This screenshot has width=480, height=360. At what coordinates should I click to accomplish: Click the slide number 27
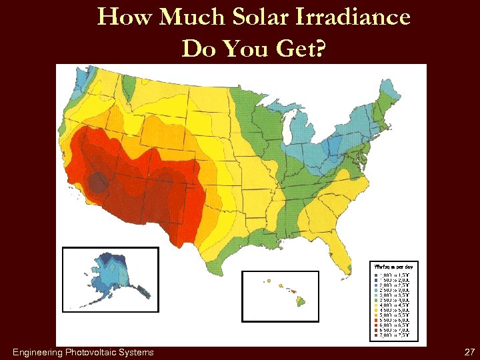click(469, 352)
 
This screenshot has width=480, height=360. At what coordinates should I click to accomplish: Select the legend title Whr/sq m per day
click(393, 267)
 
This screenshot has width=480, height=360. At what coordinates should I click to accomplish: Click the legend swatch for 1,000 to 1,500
click(376, 275)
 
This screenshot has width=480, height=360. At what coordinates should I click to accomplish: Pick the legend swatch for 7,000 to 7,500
click(376, 337)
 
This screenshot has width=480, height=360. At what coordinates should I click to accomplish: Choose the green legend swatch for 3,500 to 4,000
click(376, 301)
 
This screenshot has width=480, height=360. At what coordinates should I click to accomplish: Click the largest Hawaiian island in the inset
click(301, 301)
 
